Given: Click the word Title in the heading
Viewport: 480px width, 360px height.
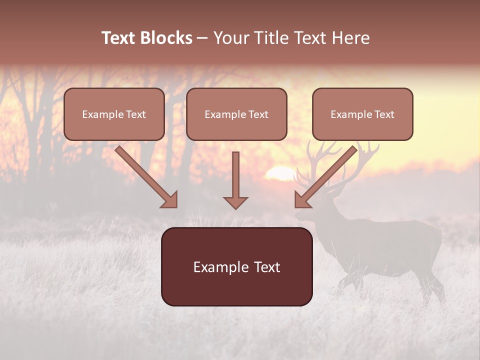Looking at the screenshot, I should [268, 38].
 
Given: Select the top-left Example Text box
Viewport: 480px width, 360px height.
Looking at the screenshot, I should [114, 114].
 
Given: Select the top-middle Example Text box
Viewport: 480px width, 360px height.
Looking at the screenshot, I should [236, 114].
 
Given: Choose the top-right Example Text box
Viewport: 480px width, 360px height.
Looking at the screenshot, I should [362, 114].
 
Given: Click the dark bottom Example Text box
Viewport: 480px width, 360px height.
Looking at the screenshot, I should [237, 267].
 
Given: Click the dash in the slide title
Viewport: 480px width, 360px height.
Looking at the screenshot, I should [202, 38].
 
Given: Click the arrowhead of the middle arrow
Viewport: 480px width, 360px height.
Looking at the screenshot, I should [235, 202].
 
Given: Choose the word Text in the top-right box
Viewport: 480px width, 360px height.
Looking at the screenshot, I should [384, 114].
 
